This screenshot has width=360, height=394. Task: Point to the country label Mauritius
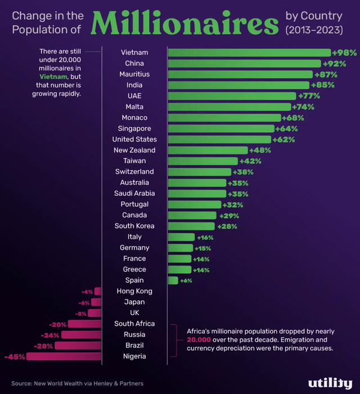[x=134, y=74]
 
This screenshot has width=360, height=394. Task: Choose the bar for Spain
[x=173, y=280]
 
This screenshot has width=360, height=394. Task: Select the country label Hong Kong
[x=134, y=291]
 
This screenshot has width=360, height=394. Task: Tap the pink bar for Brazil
[x=78, y=346]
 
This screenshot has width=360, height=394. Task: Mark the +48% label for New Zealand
[x=260, y=150]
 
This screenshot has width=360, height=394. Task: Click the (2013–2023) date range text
[x=314, y=29]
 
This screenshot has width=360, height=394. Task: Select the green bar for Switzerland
[x=199, y=172]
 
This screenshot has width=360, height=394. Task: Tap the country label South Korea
[x=134, y=226]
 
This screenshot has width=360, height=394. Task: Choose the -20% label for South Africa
[x=58, y=324]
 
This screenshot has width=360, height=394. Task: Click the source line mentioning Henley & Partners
[x=77, y=383]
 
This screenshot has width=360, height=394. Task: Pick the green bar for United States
[x=219, y=140]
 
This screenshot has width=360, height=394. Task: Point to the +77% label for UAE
[x=309, y=96]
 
